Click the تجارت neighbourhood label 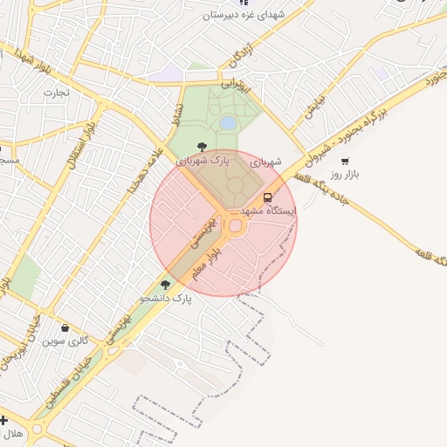coord(55,92)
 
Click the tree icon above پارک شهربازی coord(203,147)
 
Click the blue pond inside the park coord(227,124)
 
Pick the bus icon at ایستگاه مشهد coord(267,197)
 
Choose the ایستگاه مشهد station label coord(267,211)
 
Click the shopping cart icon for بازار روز coord(345,161)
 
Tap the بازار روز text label coord(345,174)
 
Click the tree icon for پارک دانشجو coord(165,285)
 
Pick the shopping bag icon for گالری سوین coord(65,327)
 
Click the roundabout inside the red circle coord(235,227)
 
